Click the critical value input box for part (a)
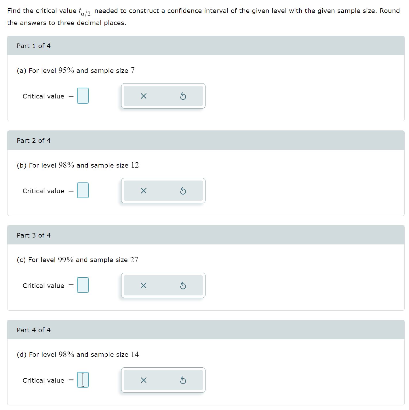pyautogui.click(x=83, y=96)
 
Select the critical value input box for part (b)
pyautogui.click(x=83, y=191)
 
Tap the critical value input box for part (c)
pyautogui.click(x=83, y=285)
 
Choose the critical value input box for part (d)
pyautogui.click(x=83, y=380)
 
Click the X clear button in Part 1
pyautogui.click(x=143, y=96)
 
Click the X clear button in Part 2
pyautogui.click(x=143, y=191)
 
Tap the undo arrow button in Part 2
pyautogui.click(x=183, y=191)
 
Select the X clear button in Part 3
pyautogui.click(x=143, y=285)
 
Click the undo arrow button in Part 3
pyautogui.click(x=183, y=285)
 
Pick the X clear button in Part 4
pyautogui.click(x=143, y=380)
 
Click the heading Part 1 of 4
pyautogui.click(x=34, y=46)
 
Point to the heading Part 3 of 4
pyautogui.click(x=34, y=235)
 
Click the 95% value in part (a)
pyautogui.click(x=66, y=70)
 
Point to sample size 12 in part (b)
pyautogui.click(x=135, y=165)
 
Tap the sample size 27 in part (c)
pyautogui.click(x=134, y=260)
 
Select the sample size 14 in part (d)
pyautogui.click(x=135, y=354)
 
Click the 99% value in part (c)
pyautogui.click(x=66, y=260)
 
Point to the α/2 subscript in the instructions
pyautogui.click(x=86, y=14)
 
